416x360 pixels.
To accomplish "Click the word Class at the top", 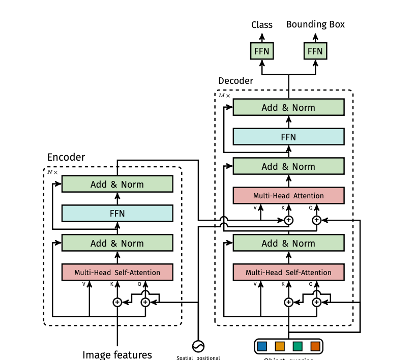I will (262, 24).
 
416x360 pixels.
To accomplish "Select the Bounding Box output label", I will (315, 24).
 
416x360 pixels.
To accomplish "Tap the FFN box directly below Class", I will (262, 51).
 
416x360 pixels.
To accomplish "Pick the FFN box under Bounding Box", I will (315, 51).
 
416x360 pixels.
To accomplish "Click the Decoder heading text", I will (235, 81).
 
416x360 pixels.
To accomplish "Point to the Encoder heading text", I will (66, 157).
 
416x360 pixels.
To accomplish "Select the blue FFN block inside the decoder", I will (288, 137).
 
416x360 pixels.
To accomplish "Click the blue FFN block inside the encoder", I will (117, 214).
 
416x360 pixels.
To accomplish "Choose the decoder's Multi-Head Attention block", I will (288, 196).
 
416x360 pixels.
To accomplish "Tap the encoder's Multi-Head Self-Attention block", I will (117, 273).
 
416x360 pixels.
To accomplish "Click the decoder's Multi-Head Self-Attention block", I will (288, 273).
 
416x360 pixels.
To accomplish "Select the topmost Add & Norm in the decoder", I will (288, 107).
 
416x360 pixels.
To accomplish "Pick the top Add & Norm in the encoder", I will (117, 184).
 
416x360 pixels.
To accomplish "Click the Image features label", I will (117, 354).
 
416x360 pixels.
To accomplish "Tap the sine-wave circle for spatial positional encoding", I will (198, 346).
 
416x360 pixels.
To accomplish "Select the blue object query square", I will (262, 347).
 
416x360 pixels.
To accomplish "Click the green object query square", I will (298, 347).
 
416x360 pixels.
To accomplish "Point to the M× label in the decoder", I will (224, 95).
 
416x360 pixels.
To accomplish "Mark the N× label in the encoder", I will (53, 172).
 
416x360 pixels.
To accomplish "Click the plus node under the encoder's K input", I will (117, 302).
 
